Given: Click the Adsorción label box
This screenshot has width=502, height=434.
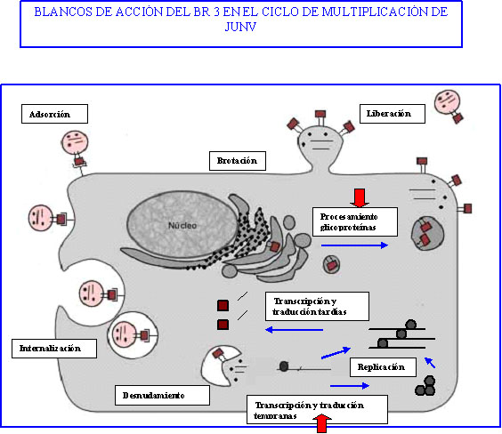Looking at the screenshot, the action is point(55,114).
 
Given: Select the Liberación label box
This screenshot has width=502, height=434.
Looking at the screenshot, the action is point(393,114).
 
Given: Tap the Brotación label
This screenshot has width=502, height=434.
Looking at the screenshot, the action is point(238,161).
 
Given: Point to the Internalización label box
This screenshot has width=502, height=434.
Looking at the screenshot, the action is point(54,349).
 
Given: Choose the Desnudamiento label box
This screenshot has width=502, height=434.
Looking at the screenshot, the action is point(162,395).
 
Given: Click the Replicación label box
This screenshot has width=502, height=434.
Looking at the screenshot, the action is point(383,367).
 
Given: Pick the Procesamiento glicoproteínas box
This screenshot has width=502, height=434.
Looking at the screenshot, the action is point(355,222).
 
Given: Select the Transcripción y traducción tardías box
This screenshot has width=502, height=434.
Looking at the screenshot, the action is point(317,306).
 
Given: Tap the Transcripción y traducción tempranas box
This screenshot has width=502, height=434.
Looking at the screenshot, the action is point(317,410).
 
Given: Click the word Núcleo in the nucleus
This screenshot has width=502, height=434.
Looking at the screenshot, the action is point(182,226).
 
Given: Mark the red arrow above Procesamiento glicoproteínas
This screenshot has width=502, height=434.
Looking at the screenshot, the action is point(360,198).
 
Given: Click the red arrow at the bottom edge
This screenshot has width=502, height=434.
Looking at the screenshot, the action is point(321,423).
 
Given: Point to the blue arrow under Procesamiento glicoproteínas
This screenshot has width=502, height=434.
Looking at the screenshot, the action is point(355,245).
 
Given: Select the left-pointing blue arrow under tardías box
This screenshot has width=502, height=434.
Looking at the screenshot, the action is point(295,330).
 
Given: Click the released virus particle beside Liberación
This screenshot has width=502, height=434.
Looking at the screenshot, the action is point(449,106).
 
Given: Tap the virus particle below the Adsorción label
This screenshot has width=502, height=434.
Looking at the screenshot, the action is point(76,148).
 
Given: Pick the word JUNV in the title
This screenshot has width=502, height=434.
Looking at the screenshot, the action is point(240,27).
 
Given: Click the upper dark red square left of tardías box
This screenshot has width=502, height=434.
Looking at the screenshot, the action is point(223,305).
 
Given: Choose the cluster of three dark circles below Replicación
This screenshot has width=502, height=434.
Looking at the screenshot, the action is point(425,386).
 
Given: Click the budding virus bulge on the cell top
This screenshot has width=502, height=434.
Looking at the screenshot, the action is point(320,145).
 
